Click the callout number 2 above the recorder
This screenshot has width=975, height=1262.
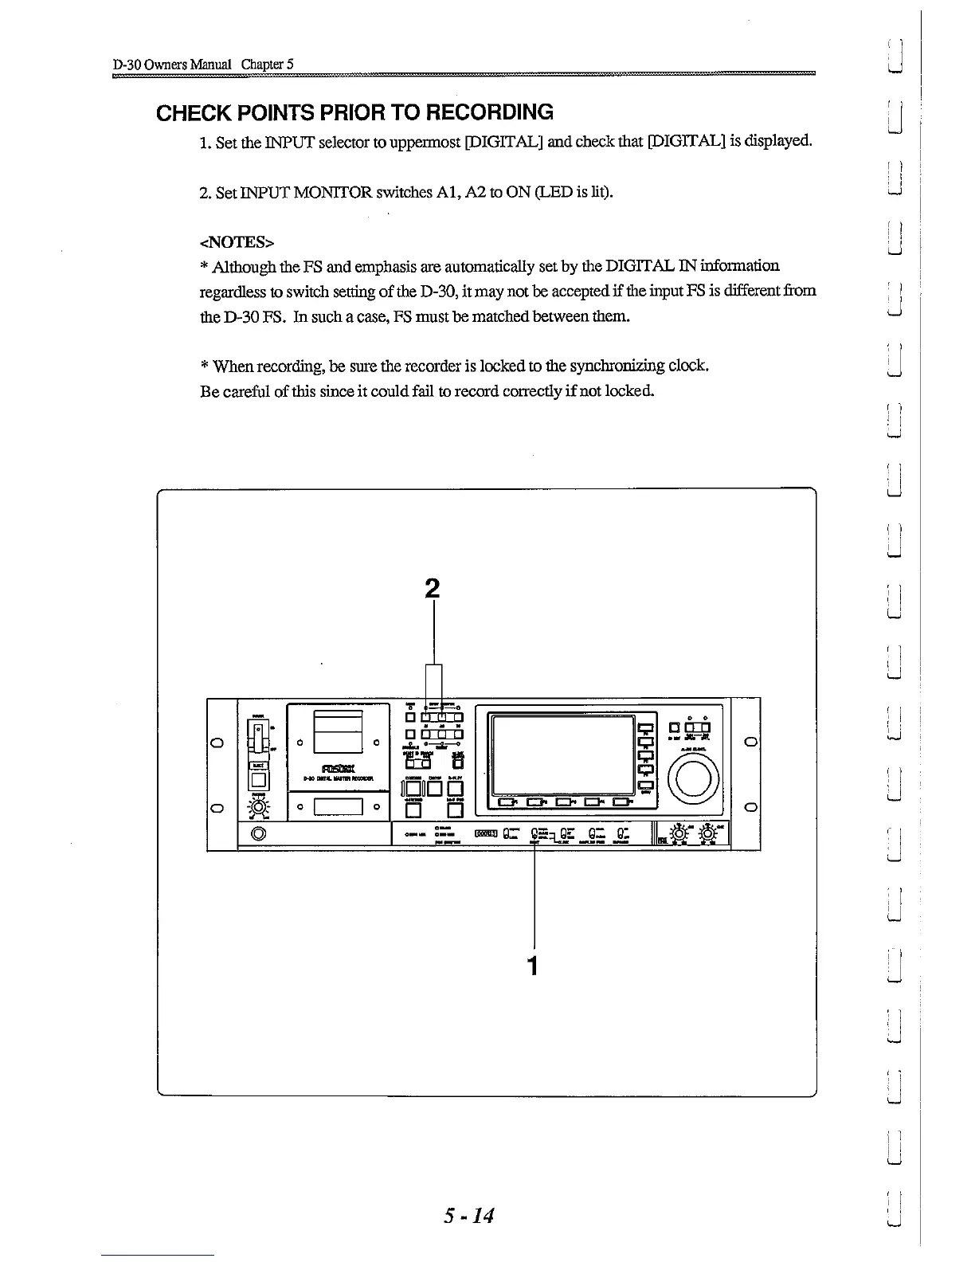click(432, 589)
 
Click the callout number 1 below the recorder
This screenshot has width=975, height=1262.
click(533, 966)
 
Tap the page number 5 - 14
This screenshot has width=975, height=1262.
click(470, 1217)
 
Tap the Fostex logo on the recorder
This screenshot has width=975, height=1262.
click(338, 768)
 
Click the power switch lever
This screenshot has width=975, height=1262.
click(257, 737)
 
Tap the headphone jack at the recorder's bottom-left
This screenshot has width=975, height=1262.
click(258, 835)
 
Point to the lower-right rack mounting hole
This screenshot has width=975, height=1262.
click(750, 808)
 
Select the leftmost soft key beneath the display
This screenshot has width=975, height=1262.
click(507, 802)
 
